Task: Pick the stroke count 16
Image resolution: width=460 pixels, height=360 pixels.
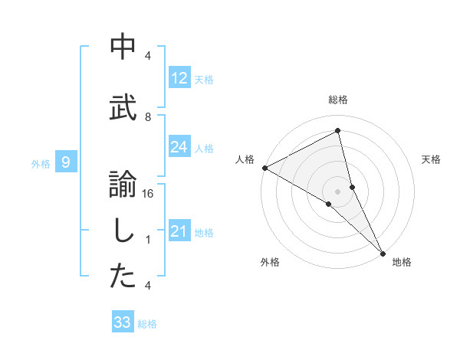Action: (x=148, y=194)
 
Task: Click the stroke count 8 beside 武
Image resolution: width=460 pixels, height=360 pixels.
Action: (x=148, y=116)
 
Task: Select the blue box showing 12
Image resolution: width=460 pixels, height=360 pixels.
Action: (x=179, y=78)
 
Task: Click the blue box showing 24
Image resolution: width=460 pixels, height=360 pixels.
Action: (x=179, y=147)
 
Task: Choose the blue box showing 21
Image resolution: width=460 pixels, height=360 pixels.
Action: (x=179, y=231)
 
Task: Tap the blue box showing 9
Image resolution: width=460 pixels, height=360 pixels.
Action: (x=66, y=162)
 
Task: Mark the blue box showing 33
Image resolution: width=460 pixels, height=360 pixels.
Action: (x=122, y=322)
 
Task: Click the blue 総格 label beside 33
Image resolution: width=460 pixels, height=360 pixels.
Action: (x=147, y=324)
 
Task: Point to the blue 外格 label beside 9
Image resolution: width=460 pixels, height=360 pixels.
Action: (x=41, y=163)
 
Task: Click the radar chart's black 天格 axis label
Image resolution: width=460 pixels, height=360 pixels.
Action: (x=432, y=159)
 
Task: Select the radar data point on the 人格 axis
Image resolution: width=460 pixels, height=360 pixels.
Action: (x=264, y=168)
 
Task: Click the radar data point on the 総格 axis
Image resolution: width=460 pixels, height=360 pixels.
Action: (x=338, y=130)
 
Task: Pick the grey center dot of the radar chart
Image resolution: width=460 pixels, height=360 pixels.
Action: (x=338, y=190)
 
